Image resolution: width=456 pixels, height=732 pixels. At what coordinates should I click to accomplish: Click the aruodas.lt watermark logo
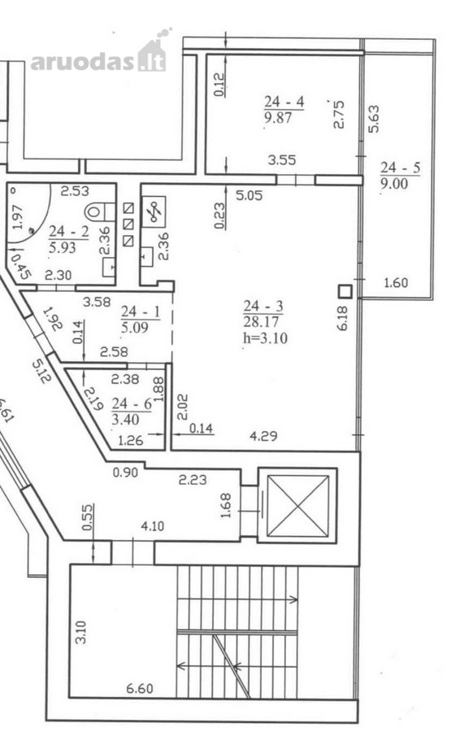[x=99, y=55]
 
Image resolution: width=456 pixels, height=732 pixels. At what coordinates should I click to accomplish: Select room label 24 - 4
[x=284, y=102]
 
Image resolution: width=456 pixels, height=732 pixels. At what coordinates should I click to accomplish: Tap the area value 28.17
[x=261, y=321]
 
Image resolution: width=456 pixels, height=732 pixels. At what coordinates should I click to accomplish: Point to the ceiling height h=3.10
[x=265, y=338]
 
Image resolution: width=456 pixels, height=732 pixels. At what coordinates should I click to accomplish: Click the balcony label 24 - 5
[x=400, y=168]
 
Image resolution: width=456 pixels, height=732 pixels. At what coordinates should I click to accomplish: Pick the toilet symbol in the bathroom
[x=99, y=211]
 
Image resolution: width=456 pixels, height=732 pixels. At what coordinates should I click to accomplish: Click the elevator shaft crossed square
[x=297, y=506]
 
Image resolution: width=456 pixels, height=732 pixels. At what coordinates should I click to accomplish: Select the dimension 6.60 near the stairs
[x=140, y=688]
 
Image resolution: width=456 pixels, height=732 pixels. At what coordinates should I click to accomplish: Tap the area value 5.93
[x=62, y=247]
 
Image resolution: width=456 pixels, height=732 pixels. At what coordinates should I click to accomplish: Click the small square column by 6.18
[x=345, y=291]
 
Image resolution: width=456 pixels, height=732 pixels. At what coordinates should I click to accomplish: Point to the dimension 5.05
[x=249, y=195]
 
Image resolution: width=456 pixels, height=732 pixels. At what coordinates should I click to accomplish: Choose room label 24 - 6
[x=132, y=403]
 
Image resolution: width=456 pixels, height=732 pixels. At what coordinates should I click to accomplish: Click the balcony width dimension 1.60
[x=395, y=282]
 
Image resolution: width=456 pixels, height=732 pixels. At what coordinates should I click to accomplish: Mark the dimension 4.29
[x=263, y=437]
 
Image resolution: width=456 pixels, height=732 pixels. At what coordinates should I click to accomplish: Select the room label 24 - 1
[x=141, y=312]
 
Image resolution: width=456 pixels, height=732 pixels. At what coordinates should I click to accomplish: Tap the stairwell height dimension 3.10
[x=80, y=632]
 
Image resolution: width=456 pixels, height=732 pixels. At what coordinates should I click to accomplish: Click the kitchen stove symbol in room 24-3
[x=154, y=212]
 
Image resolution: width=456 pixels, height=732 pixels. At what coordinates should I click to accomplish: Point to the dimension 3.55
[x=282, y=160]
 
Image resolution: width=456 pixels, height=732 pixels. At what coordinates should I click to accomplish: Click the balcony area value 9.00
[x=394, y=184]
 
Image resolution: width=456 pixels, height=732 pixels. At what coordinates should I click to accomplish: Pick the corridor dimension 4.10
[x=153, y=526]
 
